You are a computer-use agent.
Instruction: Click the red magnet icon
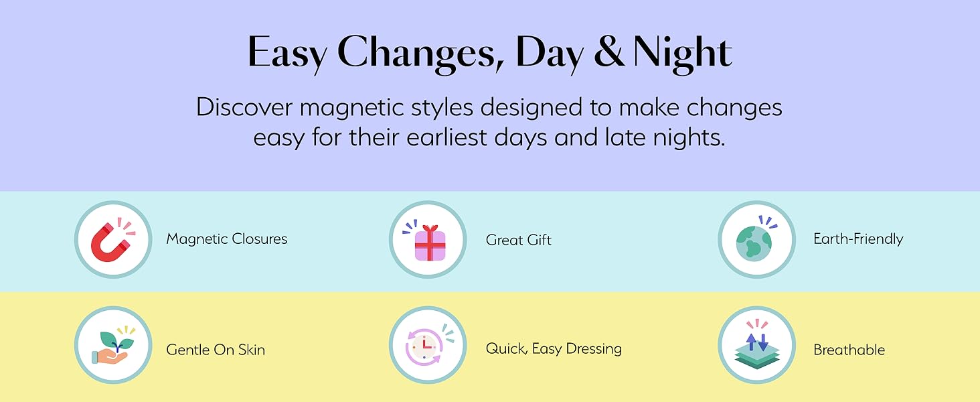(110, 243)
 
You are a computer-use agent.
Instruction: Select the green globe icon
(754, 243)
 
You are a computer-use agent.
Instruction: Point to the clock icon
(424, 346)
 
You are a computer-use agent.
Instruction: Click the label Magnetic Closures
(227, 239)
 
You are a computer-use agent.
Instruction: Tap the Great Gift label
(518, 240)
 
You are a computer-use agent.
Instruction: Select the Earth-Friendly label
(858, 239)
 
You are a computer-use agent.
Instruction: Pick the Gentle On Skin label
(216, 350)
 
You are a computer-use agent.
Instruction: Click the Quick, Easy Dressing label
(554, 349)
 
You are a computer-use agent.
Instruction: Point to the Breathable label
(849, 350)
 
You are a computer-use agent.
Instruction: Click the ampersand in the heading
(609, 51)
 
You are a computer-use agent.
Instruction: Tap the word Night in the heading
(683, 54)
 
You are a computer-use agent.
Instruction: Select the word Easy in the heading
(287, 54)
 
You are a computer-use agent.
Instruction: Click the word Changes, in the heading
(421, 54)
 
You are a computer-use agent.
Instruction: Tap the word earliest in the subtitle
(446, 137)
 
